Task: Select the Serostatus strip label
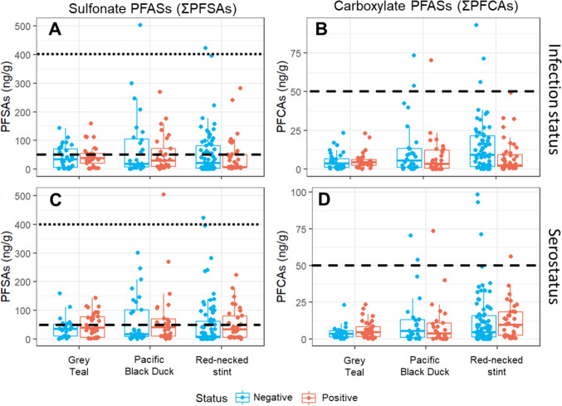[547, 264]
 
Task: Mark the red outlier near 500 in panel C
[164, 194]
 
